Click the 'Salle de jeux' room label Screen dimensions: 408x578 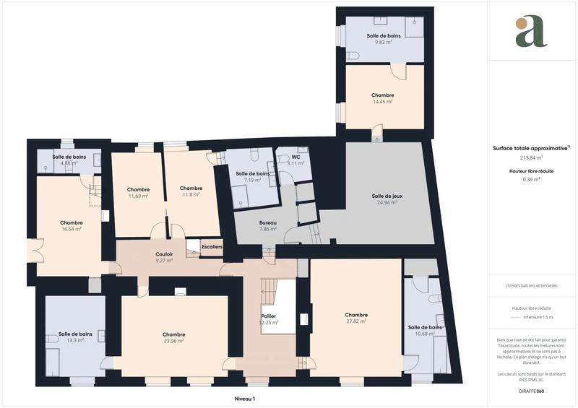pos(387,196)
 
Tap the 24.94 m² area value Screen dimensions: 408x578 pos(387,203)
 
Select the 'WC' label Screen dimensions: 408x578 pos(296,157)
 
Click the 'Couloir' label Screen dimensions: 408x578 pos(164,253)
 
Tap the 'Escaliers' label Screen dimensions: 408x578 pos(212,247)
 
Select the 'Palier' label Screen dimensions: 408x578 pos(269,316)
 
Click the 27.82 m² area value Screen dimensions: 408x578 pos(356,322)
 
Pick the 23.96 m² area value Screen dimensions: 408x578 pos(173,342)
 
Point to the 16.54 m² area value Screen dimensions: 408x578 pos(71,230)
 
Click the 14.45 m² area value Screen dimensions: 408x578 pos(382,102)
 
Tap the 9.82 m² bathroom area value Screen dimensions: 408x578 pos(383,43)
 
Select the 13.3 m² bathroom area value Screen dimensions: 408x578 pos(75,340)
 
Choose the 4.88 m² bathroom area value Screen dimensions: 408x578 pos(69,164)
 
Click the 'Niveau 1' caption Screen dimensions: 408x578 pos(245,398)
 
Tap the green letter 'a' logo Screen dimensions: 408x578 pos(531,31)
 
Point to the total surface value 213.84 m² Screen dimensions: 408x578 pos(531,157)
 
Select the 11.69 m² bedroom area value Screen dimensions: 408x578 pos(138,196)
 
